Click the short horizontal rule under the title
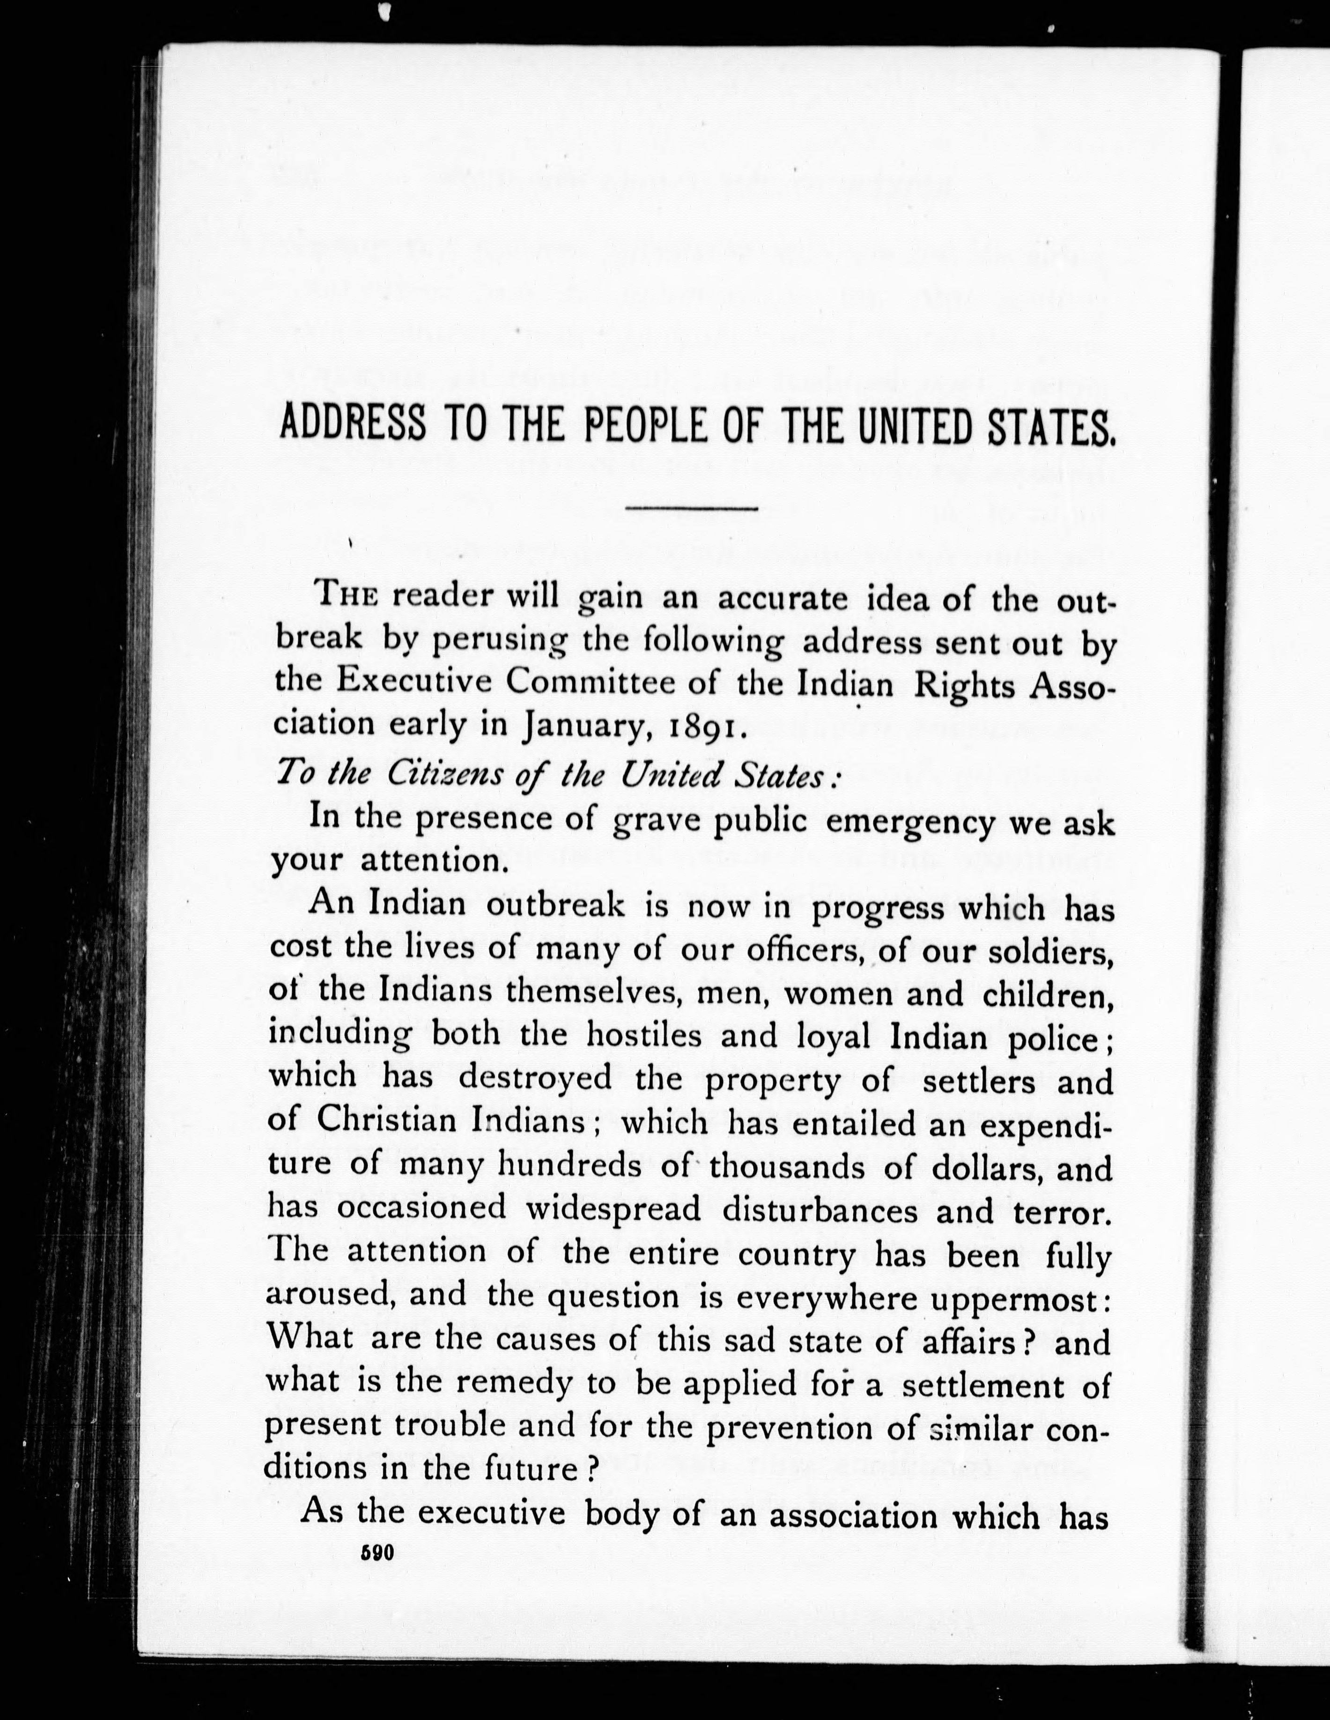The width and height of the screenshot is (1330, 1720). (x=691, y=510)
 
